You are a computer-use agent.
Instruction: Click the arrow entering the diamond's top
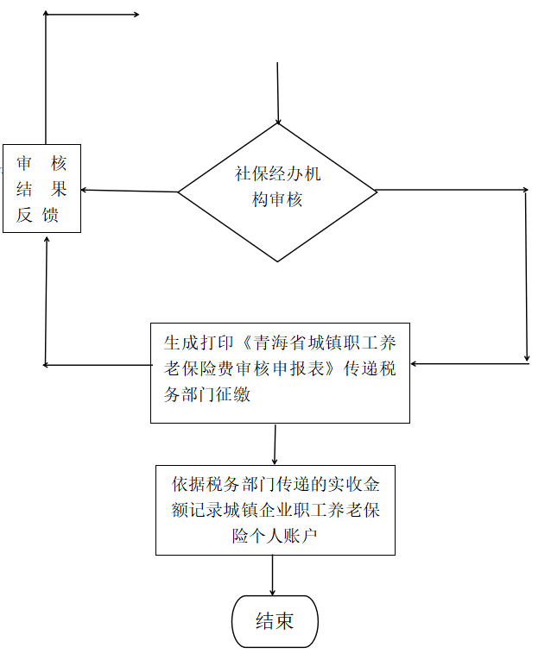277,93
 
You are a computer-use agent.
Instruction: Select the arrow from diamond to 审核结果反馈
130,191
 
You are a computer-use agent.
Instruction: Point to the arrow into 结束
273,575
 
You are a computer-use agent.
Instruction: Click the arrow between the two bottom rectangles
275,444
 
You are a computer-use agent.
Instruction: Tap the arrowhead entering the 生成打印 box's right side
413,364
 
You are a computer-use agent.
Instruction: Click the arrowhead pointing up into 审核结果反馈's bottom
47,239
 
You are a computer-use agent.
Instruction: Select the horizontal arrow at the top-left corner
92,15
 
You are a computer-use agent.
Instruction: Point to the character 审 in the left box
24,163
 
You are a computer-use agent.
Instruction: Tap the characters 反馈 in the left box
37,215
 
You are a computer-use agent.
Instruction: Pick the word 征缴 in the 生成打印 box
233,394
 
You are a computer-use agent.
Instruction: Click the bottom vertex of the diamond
277,261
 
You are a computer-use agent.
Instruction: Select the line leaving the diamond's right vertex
452,190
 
